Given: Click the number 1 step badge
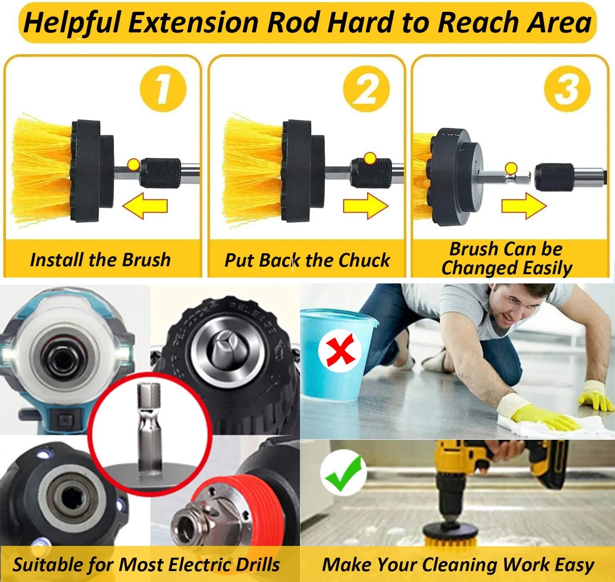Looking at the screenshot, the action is point(163,89).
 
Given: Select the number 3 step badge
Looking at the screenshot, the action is point(567,89).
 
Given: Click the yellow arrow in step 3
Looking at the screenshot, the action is point(524,205).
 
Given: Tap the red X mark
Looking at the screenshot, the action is point(340,350).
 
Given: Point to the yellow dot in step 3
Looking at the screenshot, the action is point(511,168).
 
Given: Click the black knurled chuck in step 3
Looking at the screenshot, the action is point(553,176).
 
